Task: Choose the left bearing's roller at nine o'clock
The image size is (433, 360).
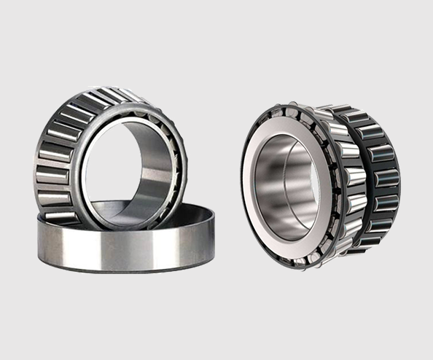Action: coord(45,157)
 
